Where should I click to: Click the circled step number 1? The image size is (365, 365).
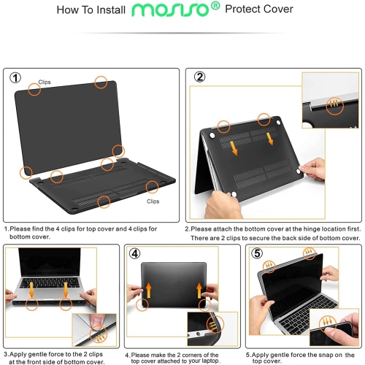pyautogui.click(x=16, y=78)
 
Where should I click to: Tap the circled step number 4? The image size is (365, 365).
pyautogui.click(x=135, y=254)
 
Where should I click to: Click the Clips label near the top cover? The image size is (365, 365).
pyautogui.click(x=45, y=82)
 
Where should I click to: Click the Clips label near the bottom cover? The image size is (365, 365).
pyautogui.click(x=153, y=201)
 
